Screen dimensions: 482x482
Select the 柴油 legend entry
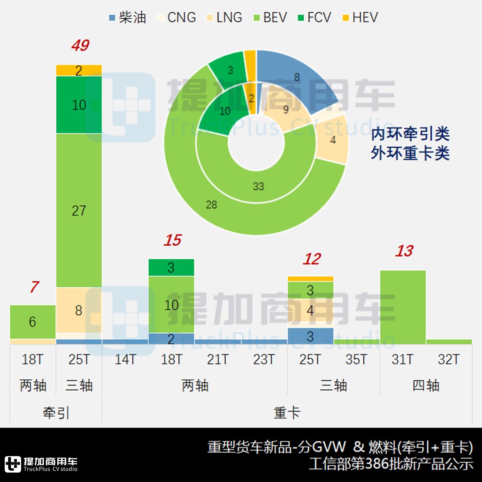click(x=127, y=17)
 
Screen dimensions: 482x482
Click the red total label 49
click(x=80, y=46)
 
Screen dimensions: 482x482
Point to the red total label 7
click(x=33, y=287)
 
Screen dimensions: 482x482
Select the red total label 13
click(x=403, y=251)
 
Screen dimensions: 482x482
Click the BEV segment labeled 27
click(x=79, y=210)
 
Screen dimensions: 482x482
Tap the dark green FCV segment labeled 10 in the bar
click(x=79, y=104)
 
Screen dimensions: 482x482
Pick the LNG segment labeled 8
click(x=79, y=310)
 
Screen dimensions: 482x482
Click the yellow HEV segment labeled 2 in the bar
click(x=79, y=70)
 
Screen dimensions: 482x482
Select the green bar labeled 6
click(x=32, y=321)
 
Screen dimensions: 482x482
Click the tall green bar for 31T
click(x=403, y=306)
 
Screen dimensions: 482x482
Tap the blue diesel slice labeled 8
click(x=297, y=78)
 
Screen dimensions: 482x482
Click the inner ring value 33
click(x=258, y=186)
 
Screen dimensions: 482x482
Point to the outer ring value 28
click(x=211, y=204)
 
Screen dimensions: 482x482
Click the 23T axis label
click(x=264, y=360)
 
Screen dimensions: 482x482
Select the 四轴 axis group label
click(x=426, y=386)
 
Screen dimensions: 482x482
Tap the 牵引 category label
click(x=56, y=413)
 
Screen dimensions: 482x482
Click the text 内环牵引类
click(x=410, y=134)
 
